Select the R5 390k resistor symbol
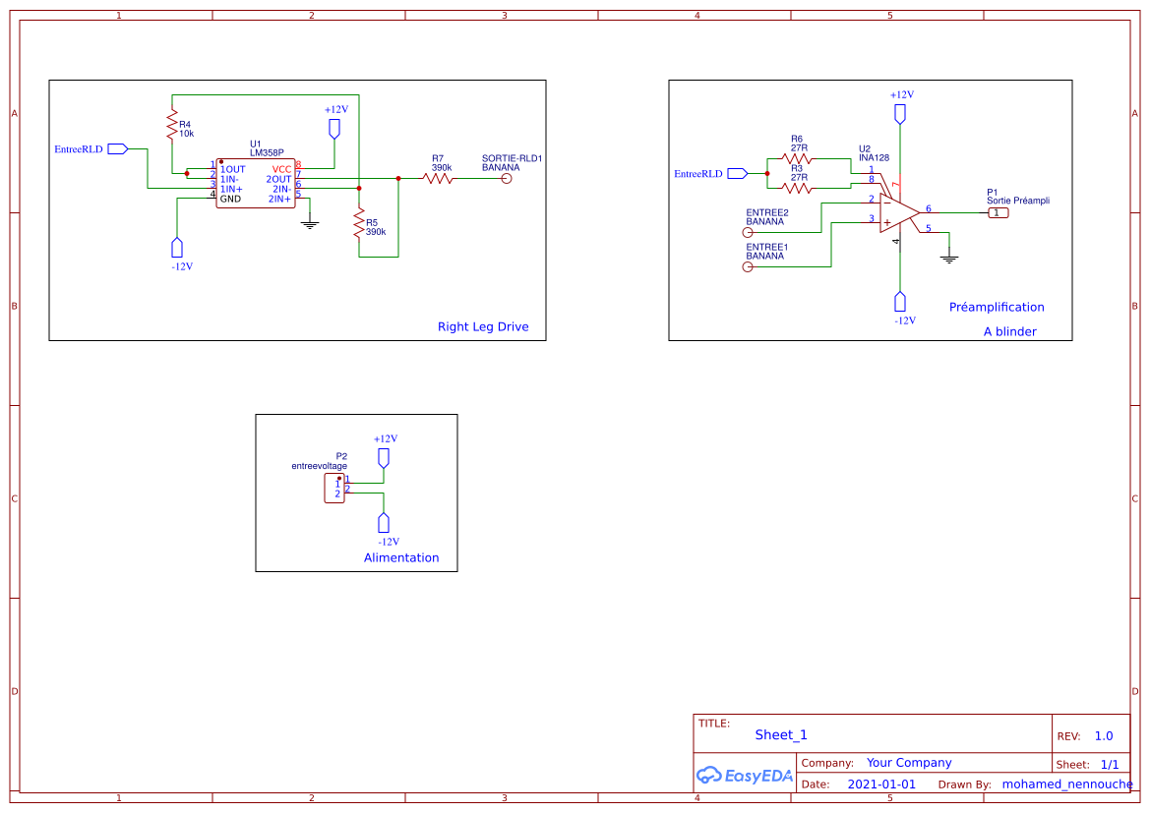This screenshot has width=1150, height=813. (359, 223)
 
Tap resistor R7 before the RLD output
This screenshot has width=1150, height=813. (438, 178)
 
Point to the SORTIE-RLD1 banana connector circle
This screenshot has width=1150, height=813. (508, 178)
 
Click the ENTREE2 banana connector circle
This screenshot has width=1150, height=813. (748, 233)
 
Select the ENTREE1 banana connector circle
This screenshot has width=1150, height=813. (748, 266)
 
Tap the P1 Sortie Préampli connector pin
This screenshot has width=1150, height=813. (999, 212)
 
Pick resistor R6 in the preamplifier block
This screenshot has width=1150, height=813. (796, 157)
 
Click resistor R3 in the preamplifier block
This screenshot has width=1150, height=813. (796, 187)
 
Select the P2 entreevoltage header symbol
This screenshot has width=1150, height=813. (334, 488)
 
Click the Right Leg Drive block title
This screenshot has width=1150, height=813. (483, 327)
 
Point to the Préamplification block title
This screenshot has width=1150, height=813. (997, 308)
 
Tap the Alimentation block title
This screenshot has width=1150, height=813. (401, 557)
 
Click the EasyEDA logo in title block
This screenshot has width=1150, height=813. (745, 776)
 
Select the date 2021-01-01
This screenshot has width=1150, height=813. (881, 784)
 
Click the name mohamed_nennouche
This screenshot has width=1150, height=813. (1066, 784)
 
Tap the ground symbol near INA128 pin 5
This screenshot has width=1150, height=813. (949, 258)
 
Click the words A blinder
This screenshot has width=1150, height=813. (1009, 332)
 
